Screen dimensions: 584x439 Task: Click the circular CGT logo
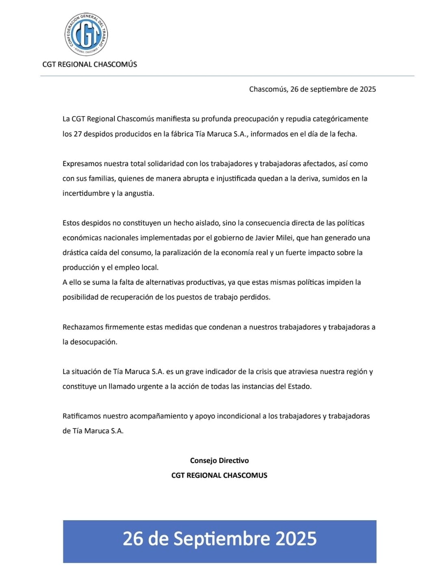pos(86,35)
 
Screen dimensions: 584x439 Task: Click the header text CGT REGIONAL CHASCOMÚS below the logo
pos(89,64)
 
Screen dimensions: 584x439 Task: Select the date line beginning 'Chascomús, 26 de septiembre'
pos(312,89)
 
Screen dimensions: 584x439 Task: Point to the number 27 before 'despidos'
pos(78,134)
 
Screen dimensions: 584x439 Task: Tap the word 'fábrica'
pos(182,134)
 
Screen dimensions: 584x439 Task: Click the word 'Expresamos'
pos(82,164)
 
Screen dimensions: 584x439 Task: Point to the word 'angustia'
pos(139,193)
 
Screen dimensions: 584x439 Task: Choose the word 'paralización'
pos(182,253)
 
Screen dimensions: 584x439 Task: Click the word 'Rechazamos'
pos(83,327)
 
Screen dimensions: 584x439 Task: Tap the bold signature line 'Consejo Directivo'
pos(219,461)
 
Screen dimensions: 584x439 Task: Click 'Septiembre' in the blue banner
pos(222,539)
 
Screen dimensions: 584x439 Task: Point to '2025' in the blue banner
pos(296,539)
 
